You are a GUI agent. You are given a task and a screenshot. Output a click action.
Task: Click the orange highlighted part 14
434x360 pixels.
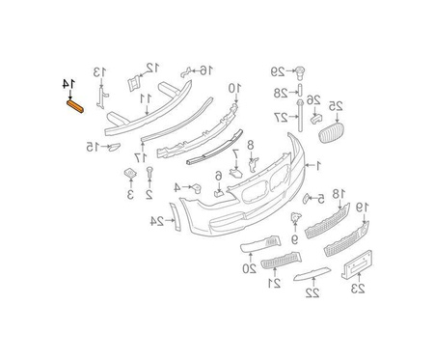75,106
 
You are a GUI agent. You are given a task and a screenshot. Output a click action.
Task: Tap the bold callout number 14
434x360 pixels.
68,84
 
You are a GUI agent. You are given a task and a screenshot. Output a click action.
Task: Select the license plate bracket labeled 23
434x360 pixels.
357,264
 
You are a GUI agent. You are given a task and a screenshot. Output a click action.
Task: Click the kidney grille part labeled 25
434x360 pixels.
331,132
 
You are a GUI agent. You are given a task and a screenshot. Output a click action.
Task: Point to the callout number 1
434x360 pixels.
318,166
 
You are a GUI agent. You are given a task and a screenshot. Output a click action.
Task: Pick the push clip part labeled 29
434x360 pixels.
300,73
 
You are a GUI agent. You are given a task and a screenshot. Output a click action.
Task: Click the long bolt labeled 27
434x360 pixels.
300,116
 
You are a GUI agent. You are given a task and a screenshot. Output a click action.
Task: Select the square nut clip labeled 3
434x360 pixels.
130,174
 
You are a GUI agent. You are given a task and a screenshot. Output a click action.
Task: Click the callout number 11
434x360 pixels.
146,99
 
